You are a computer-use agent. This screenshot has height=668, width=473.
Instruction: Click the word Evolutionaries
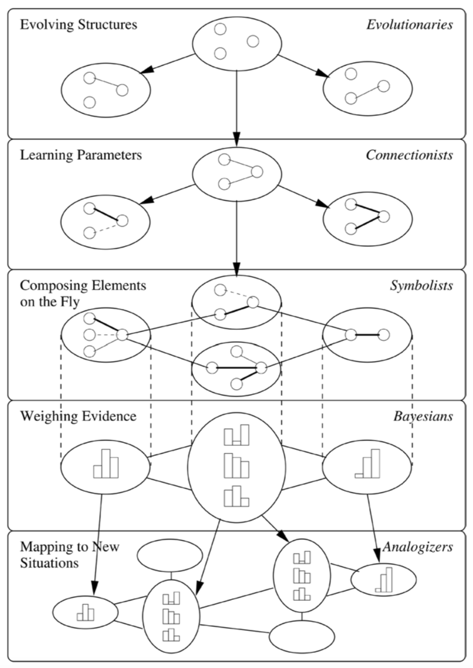pos(409,25)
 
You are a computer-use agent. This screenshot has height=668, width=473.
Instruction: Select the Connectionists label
pos(409,155)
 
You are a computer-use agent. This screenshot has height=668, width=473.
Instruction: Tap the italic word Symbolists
pos(421,286)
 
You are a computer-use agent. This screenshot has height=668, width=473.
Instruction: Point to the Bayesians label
pos(423,416)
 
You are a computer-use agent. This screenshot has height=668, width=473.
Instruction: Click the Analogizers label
pos(417,547)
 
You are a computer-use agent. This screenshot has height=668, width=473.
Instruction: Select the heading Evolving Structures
pos(78,24)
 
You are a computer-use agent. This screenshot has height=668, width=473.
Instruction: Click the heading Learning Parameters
pos(81,155)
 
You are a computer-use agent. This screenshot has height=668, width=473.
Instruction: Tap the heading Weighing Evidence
pos(78,416)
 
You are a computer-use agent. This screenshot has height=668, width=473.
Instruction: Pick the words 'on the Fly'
pos(49,302)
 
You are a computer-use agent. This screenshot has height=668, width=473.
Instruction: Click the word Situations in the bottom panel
pos(49,563)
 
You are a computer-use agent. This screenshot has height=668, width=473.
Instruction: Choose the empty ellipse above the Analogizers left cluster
pos(170,555)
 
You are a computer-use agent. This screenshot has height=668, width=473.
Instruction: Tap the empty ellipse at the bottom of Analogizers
pos(302,636)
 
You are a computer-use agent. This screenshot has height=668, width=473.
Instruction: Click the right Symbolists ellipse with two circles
pos(367,335)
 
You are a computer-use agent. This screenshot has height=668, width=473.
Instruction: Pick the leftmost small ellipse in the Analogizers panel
pos(85,613)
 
